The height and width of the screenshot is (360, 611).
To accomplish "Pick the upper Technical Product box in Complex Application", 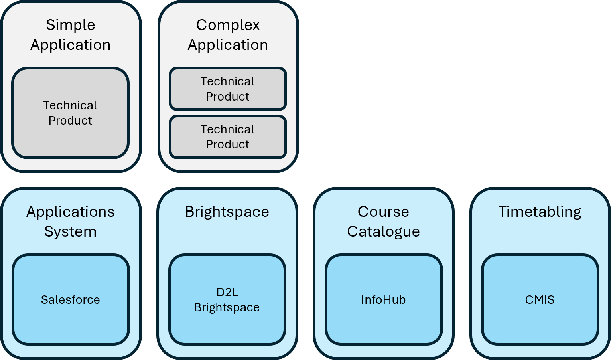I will (228, 89).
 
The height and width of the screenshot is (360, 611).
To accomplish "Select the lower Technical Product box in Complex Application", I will (228, 136).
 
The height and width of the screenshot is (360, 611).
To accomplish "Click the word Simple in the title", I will (71, 25).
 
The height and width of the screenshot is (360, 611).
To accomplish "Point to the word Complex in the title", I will (228, 25).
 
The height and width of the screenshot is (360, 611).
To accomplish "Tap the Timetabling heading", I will (540, 212).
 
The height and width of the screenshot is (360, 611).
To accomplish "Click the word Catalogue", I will (383, 231).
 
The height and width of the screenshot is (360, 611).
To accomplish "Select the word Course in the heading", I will (383, 212).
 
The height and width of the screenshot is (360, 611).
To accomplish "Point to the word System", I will (71, 231).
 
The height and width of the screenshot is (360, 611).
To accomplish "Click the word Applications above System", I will (71, 212).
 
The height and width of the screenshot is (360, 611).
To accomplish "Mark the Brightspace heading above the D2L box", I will (227, 212).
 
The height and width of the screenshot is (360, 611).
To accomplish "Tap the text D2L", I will (227, 292).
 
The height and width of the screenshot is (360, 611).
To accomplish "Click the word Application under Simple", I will (71, 45).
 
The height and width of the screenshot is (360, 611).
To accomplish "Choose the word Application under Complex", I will (228, 45).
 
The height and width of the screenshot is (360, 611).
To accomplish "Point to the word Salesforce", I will (71, 300).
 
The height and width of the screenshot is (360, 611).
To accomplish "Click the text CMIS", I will (540, 300).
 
